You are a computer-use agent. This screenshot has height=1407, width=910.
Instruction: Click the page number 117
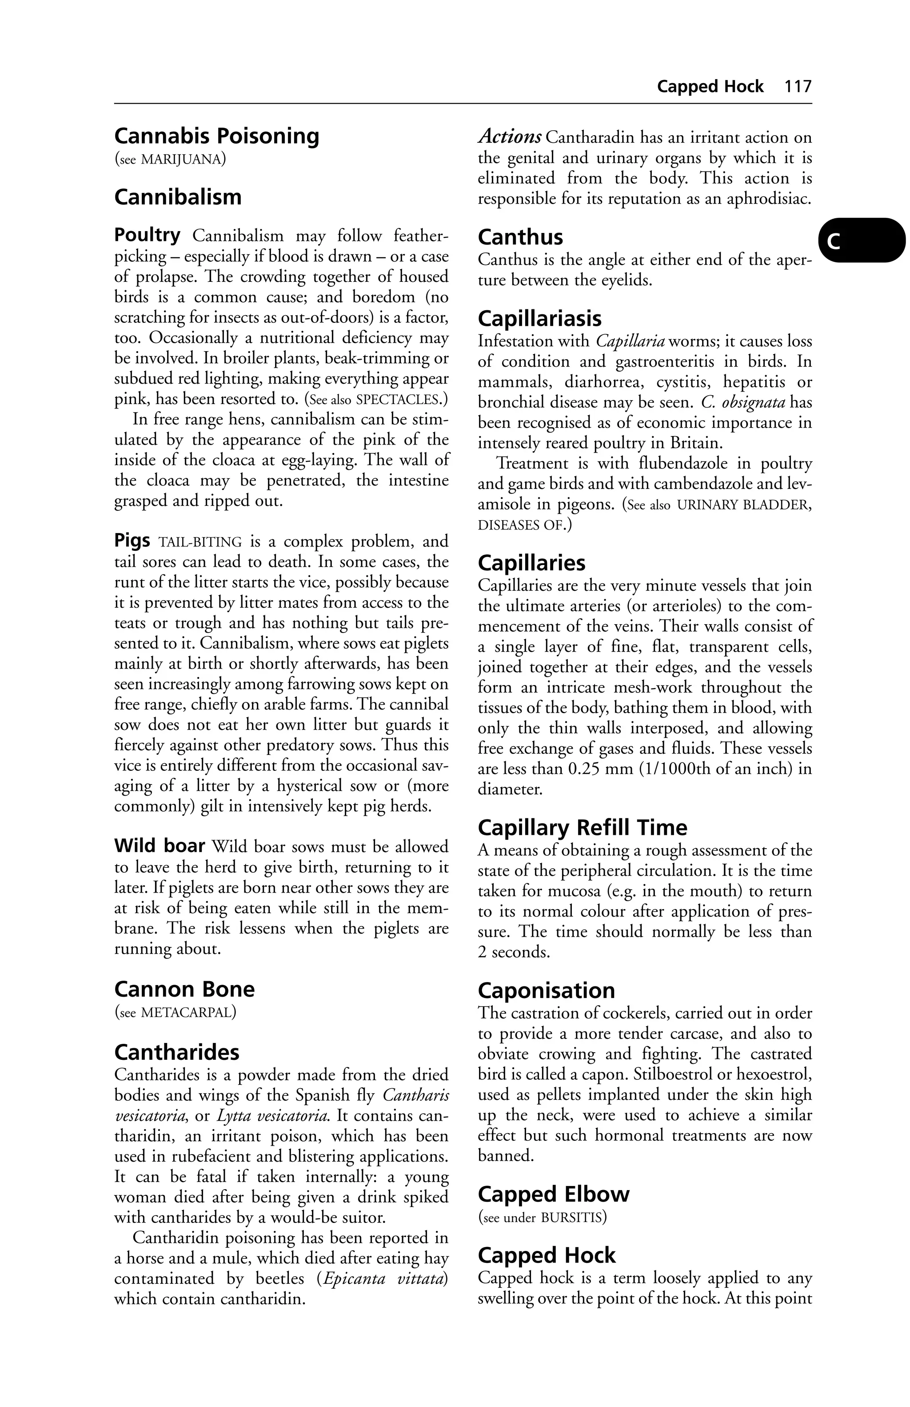(798, 87)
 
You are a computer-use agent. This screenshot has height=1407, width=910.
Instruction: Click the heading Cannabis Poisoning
(216, 136)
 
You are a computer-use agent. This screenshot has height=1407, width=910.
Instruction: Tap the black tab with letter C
(861, 240)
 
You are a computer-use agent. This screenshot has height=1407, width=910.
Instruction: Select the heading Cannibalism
(178, 197)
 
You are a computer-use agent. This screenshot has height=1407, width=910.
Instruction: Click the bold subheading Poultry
(147, 235)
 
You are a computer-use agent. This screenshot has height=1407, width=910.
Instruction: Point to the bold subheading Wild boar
(160, 846)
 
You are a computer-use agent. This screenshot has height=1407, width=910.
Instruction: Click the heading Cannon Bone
(184, 989)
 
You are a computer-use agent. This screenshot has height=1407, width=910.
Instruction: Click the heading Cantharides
(177, 1052)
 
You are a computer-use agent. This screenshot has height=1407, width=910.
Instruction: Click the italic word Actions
(509, 137)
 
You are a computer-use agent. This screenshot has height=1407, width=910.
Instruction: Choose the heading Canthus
(520, 237)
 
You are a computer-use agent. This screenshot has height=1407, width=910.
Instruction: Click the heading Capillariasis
(539, 319)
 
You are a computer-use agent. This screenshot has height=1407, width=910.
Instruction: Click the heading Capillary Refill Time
(582, 828)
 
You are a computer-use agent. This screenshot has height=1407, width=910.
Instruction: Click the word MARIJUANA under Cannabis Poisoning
(181, 159)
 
